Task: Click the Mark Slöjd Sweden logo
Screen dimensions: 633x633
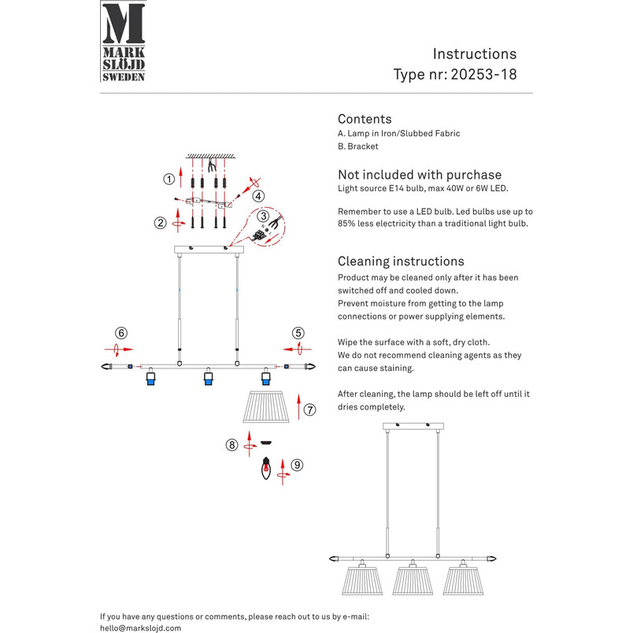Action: tap(124, 42)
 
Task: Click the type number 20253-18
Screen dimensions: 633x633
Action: tap(483, 74)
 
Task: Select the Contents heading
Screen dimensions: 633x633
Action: tap(365, 119)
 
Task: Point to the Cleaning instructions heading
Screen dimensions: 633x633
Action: tap(401, 261)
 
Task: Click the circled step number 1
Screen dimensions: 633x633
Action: tap(168, 179)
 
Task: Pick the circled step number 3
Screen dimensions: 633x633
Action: tap(263, 216)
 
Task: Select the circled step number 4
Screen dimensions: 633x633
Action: tap(258, 196)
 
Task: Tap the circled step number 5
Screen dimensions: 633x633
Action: tap(298, 333)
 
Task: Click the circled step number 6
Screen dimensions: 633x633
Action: tap(121, 333)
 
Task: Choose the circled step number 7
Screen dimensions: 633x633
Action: tap(309, 409)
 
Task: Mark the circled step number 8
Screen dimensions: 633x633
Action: tap(231, 445)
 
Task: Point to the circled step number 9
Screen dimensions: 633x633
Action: tap(297, 465)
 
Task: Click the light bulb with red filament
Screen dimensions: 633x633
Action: tap(265, 468)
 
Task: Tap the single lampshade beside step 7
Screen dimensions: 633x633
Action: tap(266, 406)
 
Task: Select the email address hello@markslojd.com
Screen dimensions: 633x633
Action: tap(140, 628)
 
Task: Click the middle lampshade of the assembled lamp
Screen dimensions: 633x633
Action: tap(413, 580)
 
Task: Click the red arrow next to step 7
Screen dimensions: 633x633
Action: tap(298, 407)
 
